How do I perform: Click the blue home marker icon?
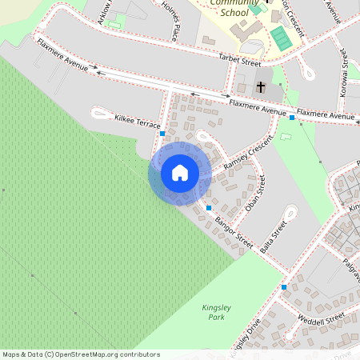(180, 173)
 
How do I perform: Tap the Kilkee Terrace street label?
(138, 122)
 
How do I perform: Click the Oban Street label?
(254, 194)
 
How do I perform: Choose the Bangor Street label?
(234, 230)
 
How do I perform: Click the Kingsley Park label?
(216, 312)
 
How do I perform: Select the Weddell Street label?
(321, 319)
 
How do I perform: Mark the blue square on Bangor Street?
(209, 208)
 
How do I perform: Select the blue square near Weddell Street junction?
(284, 286)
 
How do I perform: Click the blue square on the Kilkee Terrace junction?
(162, 134)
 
